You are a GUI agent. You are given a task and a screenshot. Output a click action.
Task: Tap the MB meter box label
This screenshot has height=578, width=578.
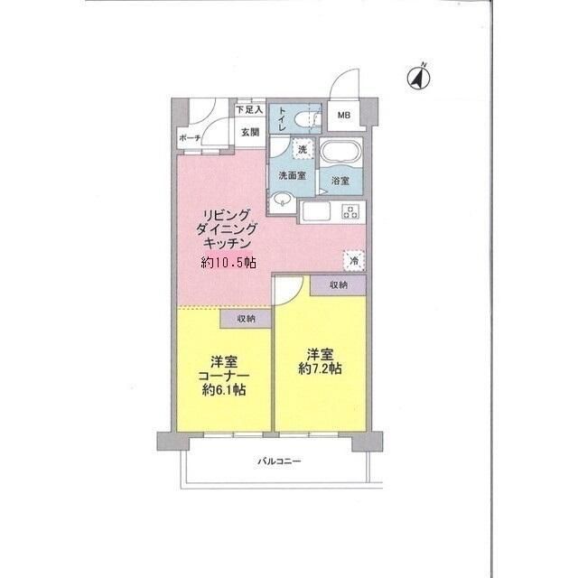coord(344,116)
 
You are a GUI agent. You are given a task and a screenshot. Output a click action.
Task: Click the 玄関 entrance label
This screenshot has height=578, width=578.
coord(250,132)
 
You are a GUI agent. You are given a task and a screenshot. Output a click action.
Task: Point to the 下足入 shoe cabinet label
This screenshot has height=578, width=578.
coord(248,109)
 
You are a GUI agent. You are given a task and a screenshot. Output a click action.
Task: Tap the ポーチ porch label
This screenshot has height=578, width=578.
coord(189,138)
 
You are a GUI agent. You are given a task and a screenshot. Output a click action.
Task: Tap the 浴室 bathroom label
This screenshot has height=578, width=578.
coord(340,181)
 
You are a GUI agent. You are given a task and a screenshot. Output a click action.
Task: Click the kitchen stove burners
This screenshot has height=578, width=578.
coord(350,212)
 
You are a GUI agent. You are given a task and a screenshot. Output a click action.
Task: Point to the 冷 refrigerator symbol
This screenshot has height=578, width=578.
coord(354,259)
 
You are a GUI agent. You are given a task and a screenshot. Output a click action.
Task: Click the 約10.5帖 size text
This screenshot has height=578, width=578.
coord(228,262)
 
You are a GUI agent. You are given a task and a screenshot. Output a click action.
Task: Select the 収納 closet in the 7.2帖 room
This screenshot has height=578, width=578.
coord(339,284)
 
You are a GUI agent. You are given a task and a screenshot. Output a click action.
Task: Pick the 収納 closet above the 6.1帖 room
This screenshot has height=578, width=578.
coord(246,319)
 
